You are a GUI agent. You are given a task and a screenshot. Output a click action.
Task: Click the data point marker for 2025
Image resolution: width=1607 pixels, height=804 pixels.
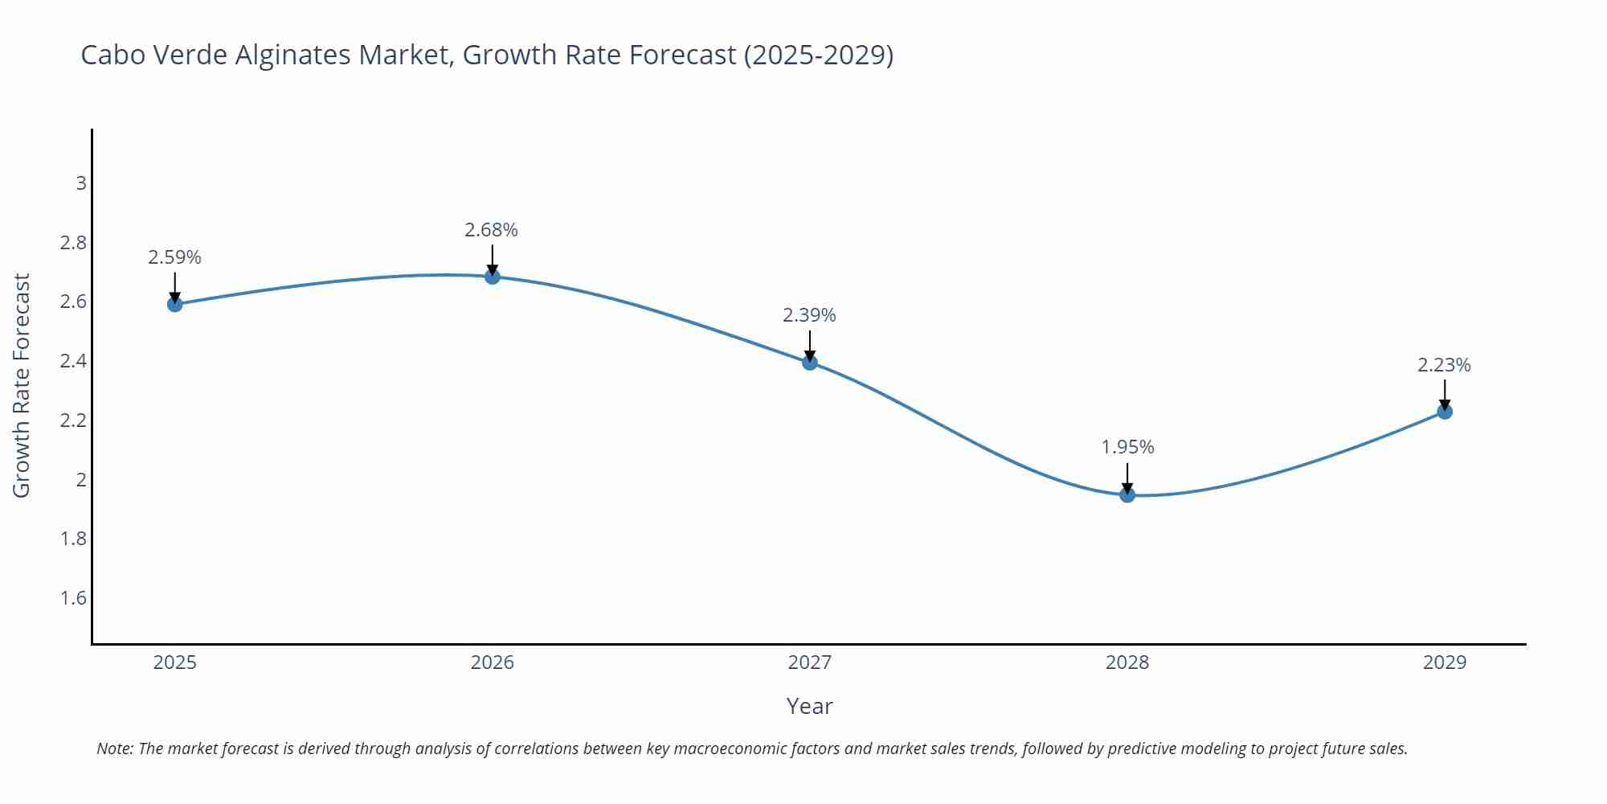[174, 304]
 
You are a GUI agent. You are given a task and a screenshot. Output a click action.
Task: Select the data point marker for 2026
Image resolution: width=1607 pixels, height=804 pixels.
[493, 277]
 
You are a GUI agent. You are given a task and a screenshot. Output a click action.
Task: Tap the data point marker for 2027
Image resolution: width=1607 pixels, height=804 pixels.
[810, 363]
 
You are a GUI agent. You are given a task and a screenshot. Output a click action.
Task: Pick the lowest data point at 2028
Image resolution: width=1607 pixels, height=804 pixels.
[1127, 494]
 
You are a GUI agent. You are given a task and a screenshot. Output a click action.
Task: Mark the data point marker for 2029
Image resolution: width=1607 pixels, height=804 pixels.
[1445, 412]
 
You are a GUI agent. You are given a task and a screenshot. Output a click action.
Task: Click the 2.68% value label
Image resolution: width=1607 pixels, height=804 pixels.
[491, 230]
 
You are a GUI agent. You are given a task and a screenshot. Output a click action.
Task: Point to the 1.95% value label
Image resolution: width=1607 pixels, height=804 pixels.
[1127, 447]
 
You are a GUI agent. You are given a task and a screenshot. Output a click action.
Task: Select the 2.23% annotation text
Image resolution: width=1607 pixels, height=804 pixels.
[1444, 365]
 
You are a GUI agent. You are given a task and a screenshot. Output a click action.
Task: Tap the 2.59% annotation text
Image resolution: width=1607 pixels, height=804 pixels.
[174, 257]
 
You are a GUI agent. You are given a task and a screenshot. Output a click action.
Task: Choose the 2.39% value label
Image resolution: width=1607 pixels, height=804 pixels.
[809, 315]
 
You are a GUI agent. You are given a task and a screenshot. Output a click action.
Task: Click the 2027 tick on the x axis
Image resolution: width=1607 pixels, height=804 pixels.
[810, 662]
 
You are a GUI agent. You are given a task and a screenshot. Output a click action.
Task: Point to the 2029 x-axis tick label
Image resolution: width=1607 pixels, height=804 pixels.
[1445, 662]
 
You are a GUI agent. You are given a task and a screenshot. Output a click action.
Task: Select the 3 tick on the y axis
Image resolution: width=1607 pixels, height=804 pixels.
[81, 183]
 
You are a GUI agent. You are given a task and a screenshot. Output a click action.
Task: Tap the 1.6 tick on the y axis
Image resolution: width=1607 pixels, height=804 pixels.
[74, 598]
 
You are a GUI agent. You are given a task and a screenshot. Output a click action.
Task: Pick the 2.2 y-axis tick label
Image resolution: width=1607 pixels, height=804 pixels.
[74, 420]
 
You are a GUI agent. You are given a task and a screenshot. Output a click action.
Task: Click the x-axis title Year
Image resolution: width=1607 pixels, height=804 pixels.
[809, 706]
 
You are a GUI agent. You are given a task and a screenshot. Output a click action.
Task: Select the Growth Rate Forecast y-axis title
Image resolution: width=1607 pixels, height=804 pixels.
[22, 385]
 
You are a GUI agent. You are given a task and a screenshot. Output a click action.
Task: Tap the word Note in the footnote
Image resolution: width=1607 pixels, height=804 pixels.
[115, 749]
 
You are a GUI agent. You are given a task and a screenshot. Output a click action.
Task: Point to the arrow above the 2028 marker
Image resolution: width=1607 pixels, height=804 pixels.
[1127, 478]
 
